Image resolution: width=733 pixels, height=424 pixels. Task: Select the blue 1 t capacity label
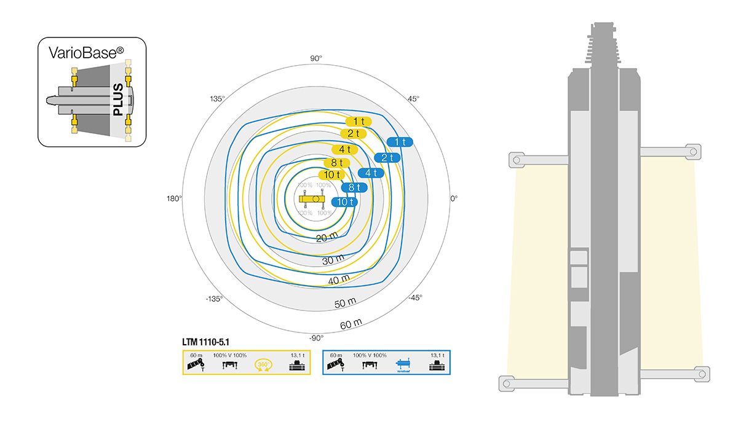[400, 142]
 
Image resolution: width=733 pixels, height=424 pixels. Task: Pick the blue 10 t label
[344, 202]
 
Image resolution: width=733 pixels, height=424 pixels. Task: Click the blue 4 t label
[371, 173]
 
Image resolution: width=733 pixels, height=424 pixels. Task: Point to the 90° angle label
[315, 58]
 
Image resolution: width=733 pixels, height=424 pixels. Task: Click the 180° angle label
[175, 198]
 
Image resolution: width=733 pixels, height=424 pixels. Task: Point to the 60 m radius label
[351, 323]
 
